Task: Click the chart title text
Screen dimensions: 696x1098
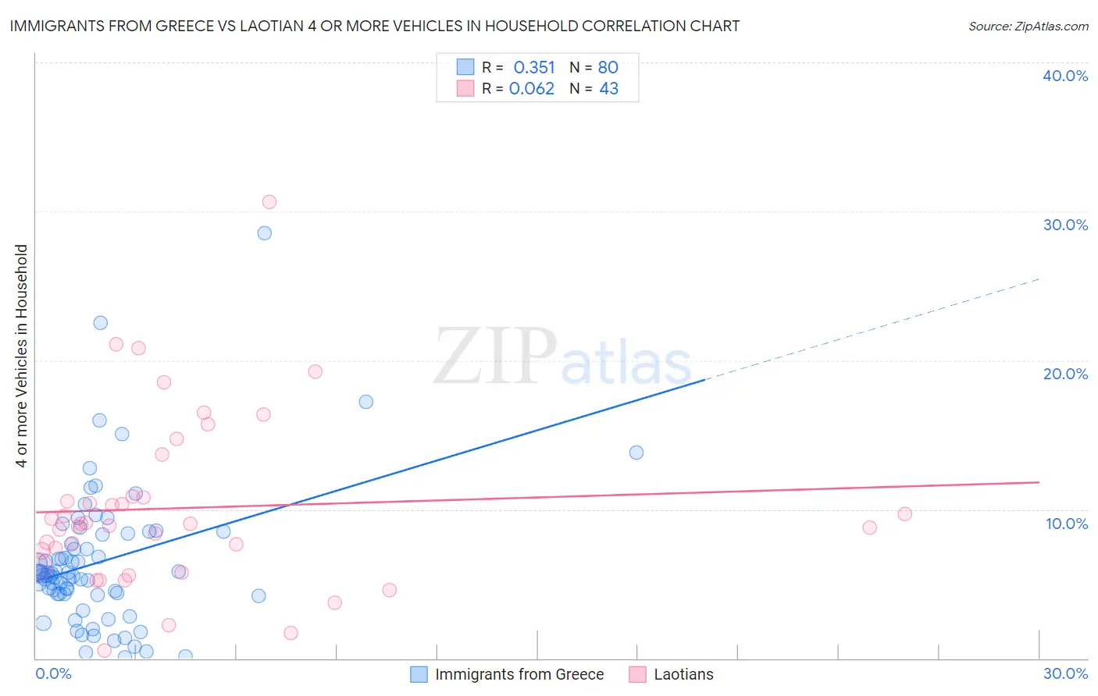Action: pyautogui.click(x=375, y=26)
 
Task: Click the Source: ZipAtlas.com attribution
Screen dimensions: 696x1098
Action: pyautogui.click(x=1028, y=26)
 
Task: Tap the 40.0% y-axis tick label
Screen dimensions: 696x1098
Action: pyautogui.click(x=1065, y=76)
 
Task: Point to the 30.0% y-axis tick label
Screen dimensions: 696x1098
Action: pyautogui.click(x=1065, y=225)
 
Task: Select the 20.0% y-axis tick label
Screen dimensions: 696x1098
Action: pyautogui.click(x=1065, y=374)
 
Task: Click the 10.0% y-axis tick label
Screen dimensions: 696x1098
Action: pyautogui.click(x=1065, y=524)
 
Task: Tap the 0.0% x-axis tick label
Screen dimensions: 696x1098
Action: pyautogui.click(x=53, y=673)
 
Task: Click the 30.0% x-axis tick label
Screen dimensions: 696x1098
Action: pyautogui.click(x=1065, y=673)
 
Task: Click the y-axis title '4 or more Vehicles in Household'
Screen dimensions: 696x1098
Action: pyautogui.click(x=22, y=356)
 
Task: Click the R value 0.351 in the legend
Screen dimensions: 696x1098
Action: pyautogui.click(x=534, y=68)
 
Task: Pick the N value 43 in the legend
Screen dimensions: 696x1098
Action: pyautogui.click(x=608, y=89)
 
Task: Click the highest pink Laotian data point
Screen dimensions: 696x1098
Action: pyautogui.click(x=269, y=202)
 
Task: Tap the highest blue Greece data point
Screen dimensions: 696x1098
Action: pyautogui.click(x=265, y=233)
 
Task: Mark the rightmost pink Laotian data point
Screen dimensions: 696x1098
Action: pyautogui.click(x=905, y=514)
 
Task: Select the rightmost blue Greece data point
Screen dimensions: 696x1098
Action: pyautogui.click(x=636, y=453)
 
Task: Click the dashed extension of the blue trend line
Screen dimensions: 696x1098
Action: pyautogui.click(x=875, y=328)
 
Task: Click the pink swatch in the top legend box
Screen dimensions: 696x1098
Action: pyautogui.click(x=465, y=89)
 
